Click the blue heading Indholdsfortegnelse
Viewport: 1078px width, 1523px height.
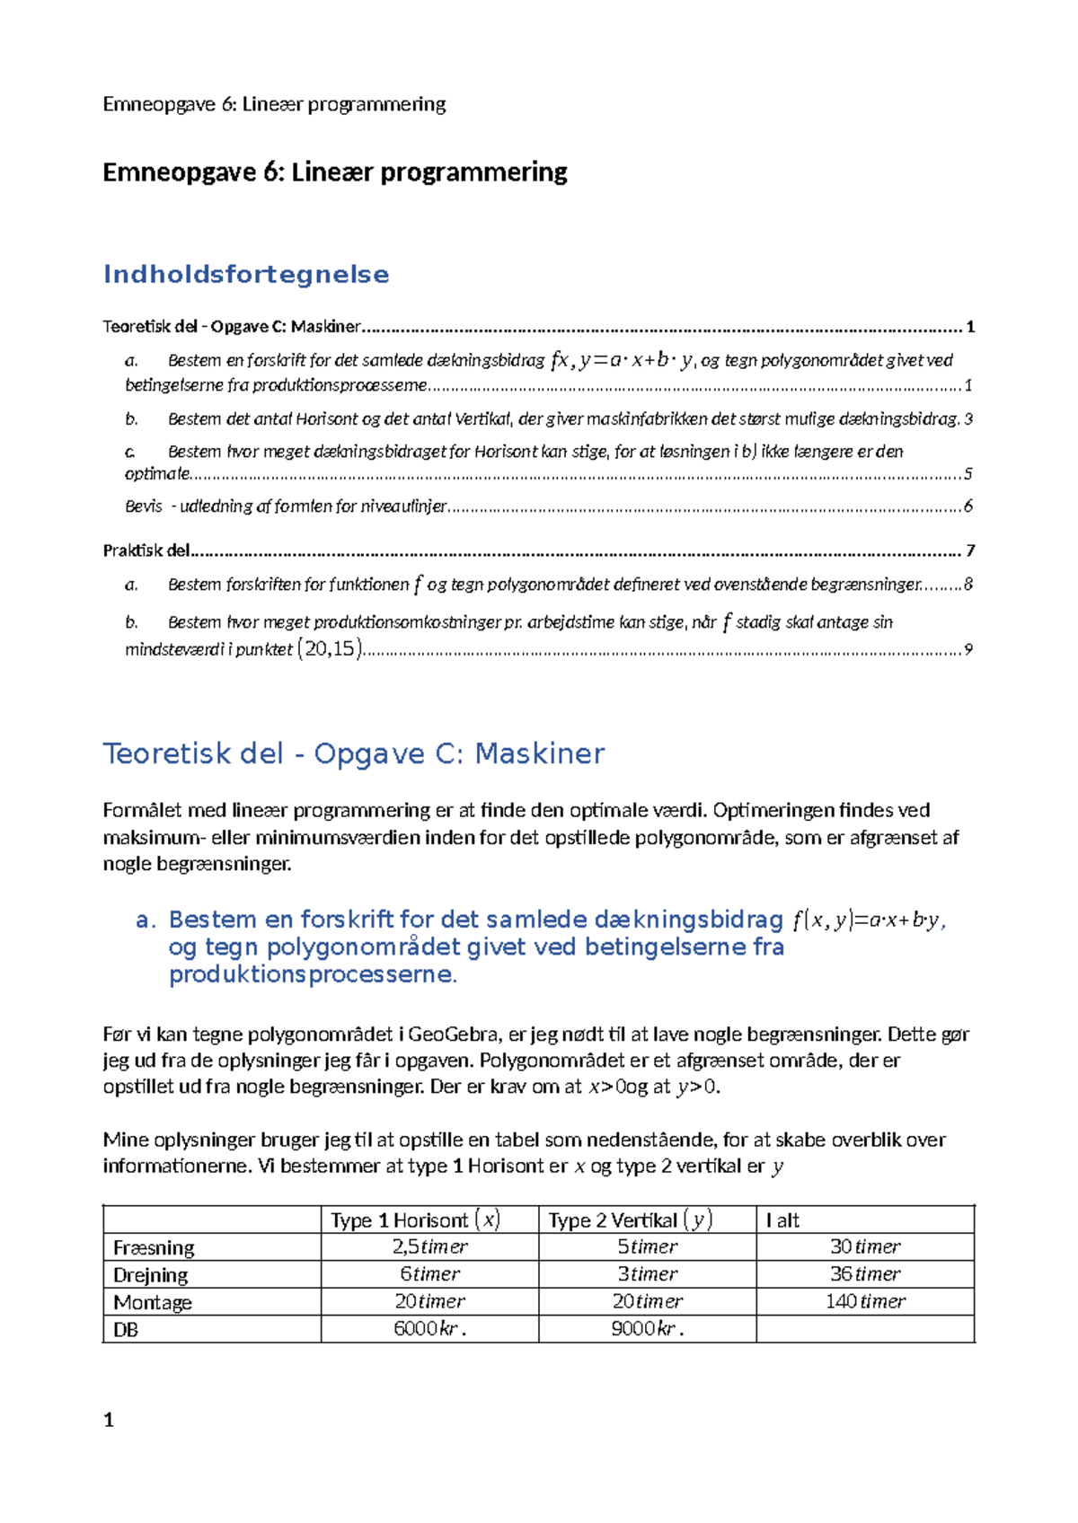pos(246,275)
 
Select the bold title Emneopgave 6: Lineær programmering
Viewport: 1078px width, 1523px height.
pos(334,172)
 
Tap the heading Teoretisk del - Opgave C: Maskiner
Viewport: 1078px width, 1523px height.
pos(353,753)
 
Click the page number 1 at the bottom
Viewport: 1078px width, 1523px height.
pos(109,1420)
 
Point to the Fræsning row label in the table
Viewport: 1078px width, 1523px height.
pos(154,1247)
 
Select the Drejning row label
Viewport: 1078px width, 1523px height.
pos(150,1274)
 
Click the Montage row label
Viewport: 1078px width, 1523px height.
pos(152,1302)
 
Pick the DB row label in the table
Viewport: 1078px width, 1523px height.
pos(126,1330)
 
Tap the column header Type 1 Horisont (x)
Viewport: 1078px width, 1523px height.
pos(415,1219)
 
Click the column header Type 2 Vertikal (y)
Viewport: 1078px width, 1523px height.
pos(630,1219)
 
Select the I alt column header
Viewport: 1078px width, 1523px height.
pos(782,1219)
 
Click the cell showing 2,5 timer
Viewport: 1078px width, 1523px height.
pos(429,1246)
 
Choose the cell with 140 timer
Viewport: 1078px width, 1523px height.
pos(865,1301)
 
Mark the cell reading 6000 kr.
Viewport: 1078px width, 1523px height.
pos(429,1329)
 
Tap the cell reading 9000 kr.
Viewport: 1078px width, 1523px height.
pos(647,1329)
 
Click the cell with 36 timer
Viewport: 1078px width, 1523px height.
pos(865,1273)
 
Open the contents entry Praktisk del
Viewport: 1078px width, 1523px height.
pos(146,550)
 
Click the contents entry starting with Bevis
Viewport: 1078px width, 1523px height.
pos(286,506)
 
